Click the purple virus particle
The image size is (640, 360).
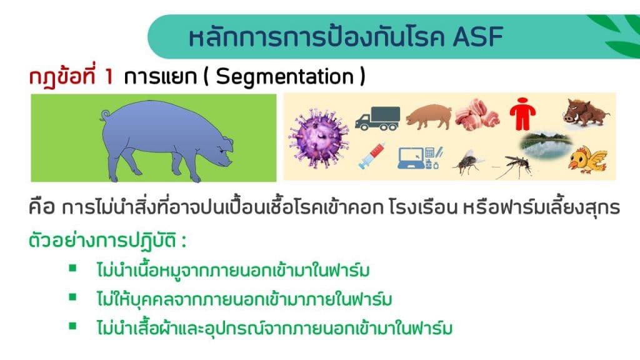(319, 138)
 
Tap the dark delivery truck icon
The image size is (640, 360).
(377, 118)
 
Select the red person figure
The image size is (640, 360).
(523, 114)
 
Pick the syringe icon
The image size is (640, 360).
(371, 156)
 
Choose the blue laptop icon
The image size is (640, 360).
(419, 158)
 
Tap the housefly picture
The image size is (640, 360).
(467, 162)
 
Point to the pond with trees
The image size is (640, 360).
(546, 144)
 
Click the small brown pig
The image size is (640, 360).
(429, 116)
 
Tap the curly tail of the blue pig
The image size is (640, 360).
(105, 116)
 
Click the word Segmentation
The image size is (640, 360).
(284, 76)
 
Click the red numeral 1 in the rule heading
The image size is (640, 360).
(108, 77)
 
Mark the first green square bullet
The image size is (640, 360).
(72, 268)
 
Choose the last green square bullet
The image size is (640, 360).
(72, 326)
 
